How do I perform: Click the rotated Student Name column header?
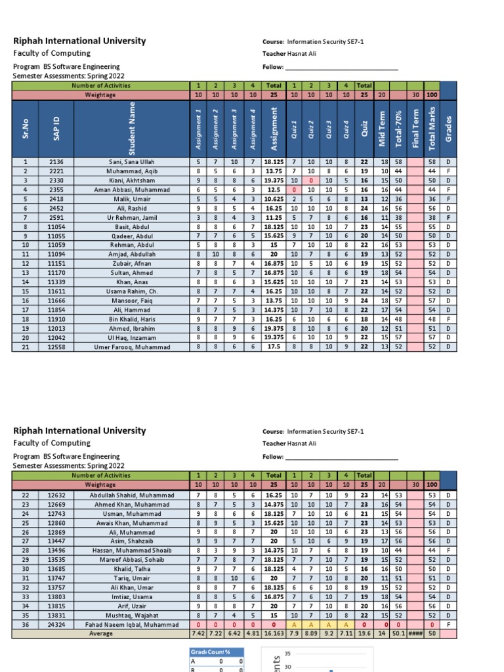coord(133,129)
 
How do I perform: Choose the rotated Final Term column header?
coord(415,129)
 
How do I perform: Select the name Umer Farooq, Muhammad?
coord(133,346)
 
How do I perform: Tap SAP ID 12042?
coord(56,337)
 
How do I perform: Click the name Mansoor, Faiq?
coord(133,300)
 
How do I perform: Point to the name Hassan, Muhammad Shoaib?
coord(133,550)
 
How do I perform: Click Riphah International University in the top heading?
coord(79,41)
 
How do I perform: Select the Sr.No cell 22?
coord(26,495)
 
